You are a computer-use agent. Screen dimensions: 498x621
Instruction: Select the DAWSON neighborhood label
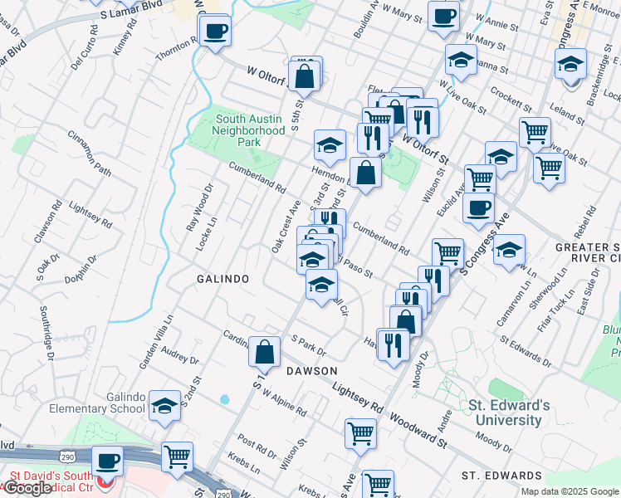coord(313,370)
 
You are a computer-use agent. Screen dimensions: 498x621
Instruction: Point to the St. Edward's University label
coord(509,413)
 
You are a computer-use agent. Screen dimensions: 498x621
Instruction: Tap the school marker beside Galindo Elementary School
coord(164,404)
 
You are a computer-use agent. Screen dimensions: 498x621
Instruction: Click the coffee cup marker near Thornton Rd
coord(215,32)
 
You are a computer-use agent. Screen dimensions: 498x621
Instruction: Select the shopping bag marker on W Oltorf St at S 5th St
coord(306,74)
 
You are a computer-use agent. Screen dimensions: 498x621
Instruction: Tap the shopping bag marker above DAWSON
coord(264,351)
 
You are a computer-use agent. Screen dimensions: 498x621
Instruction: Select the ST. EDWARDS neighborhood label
coord(502,476)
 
